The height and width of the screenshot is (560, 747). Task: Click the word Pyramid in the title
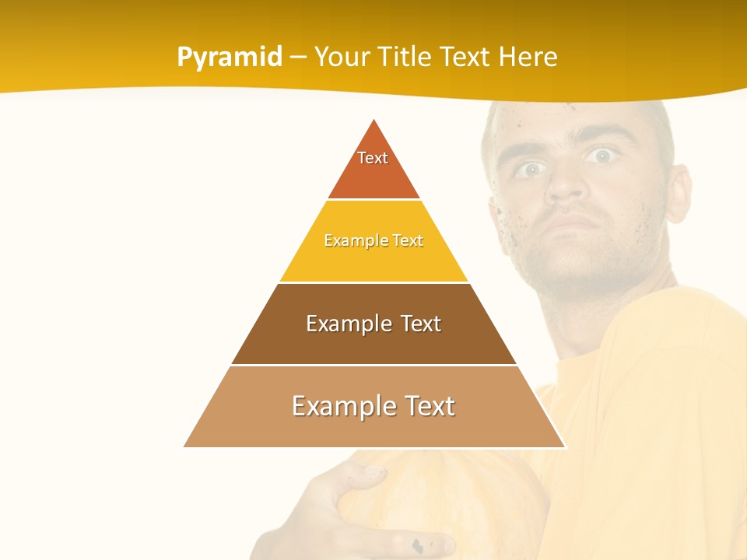click(230, 58)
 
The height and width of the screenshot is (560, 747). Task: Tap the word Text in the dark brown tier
click(416, 324)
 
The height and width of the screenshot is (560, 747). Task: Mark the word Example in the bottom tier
click(339, 406)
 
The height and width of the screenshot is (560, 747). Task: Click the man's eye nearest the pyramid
click(531, 169)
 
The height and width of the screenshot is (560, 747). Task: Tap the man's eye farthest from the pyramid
click(600, 156)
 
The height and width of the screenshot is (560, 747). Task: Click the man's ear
click(680, 194)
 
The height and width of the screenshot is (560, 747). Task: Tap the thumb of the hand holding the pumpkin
click(366, 474)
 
